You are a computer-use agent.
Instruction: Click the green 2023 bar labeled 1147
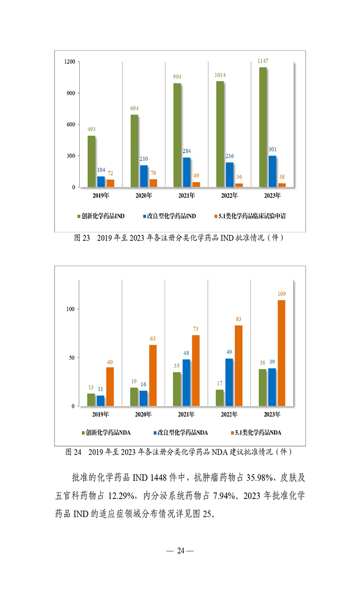pyautogui.click(x=263, y=127)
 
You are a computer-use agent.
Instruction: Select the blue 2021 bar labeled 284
pyautogui.click(x=187, y=172)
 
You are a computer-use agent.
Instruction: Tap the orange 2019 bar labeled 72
pyautogui.click(x=110, y=183)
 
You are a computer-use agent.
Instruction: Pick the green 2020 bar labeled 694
pyautogui.click(x=134, y=151)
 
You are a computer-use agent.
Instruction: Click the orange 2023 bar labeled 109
pyautogui.click(x=281, y=353)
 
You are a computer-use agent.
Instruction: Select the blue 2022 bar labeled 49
pyautogui.click(x=229, y=382)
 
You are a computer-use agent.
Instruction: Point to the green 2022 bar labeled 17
pyautogui.click(x=220, y=398)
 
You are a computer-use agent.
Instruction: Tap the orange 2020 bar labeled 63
pyautogui.click(x=153, y=375)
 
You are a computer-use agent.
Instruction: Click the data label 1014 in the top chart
pyautogui.click(x=220, y=75)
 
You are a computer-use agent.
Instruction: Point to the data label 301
pyautogui.click(x=273, y=150)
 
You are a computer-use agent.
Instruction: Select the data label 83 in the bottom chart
pyautogui.click(x=239, y=319)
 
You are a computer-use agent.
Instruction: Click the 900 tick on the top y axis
pyautogui.click(x=70, y=93)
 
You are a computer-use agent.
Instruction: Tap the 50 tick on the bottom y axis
pyautogui.click(x=71, y=358)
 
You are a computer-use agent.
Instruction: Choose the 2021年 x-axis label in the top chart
pyautogui.click(x=187, y=195)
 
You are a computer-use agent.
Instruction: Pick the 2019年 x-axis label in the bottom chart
pyautogui.click(x=101, y=414)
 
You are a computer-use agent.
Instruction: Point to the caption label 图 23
pyautogui.click(x=83, y=238)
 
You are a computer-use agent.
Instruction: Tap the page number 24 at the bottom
pyautogui.click(x=180, y=551)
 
